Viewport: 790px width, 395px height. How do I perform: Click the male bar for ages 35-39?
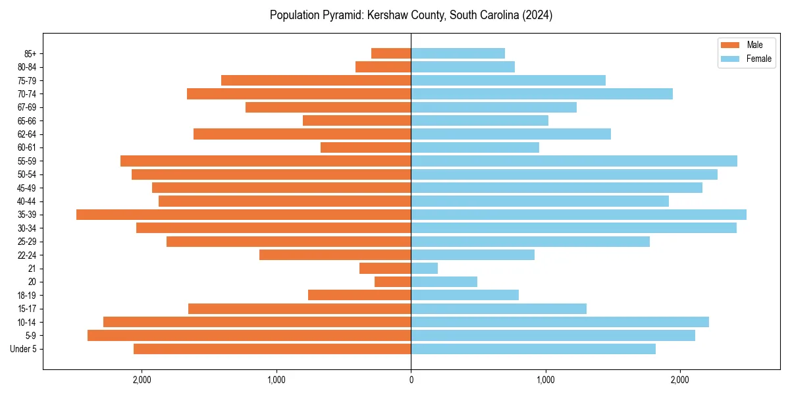244,215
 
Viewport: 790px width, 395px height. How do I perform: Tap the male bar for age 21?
385,269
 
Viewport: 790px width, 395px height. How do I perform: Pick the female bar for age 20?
444,282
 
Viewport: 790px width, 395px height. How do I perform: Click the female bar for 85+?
458,53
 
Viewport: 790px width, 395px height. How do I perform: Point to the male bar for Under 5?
272,349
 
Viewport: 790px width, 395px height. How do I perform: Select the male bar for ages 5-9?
249,336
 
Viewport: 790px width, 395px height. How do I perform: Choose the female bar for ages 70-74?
542,94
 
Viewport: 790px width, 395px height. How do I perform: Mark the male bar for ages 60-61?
365,147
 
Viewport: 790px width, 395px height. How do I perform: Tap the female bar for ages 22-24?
473,255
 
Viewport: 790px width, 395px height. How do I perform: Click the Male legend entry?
754,45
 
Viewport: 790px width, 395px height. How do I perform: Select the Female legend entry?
758,59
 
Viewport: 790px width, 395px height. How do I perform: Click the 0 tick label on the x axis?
411,380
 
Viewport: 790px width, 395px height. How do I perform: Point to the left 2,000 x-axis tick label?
142,380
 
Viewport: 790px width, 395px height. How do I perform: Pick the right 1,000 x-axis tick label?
545,380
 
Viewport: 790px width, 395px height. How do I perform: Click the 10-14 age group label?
27,323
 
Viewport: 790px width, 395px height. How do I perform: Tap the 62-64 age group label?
27,134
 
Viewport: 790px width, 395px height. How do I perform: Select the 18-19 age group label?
27,296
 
